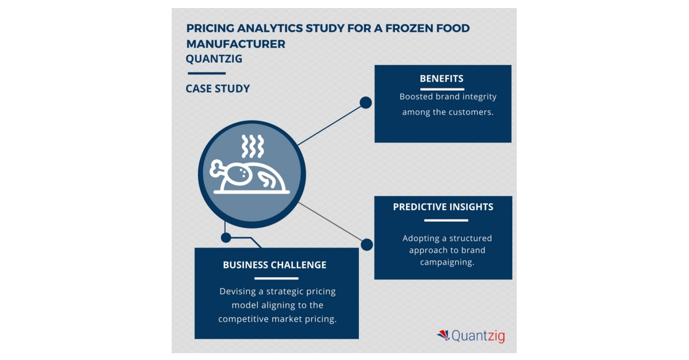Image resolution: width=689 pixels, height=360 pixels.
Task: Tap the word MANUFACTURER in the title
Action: pyautogui.click(x=235, y=44)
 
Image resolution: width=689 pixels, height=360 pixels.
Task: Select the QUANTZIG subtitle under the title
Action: pyautogui.click(x=214, y=59)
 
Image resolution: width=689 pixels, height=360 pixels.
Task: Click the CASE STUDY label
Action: pyautogui.click(x=218, y=88)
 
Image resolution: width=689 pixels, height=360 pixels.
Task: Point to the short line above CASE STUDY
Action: pyautogui.click(x=206, y=73)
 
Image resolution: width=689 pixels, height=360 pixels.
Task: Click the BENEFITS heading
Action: pyautogui.click(x=442, y=79)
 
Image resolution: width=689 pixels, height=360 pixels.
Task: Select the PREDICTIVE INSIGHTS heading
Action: pyautogui.click(x=443, y=207)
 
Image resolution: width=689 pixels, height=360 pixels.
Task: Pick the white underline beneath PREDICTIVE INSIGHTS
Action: pyautogui.click(x=443, y=220)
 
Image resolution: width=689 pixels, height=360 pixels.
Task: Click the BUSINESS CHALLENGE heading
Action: pyautogui.click(x=274, y=265)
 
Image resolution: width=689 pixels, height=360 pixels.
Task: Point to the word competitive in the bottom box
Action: pyautogui.click(x=244, y=319)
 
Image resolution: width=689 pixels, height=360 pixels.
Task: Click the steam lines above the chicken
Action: pyautogui.click(x=253, y=147)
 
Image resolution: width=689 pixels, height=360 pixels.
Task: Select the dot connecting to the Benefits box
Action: pyautogui.click(x=366, y=103)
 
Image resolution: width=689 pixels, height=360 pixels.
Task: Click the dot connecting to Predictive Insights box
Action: pyautogui.click(x=366, y=245)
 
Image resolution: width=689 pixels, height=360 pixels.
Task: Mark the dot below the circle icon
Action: pyautogui.click(x=226, y=237)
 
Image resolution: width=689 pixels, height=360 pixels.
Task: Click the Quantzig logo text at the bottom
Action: pyautogui.click(x=478, y=336)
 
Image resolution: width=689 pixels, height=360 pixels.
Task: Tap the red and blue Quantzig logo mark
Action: pyautogui.click(x=443, y=335)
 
